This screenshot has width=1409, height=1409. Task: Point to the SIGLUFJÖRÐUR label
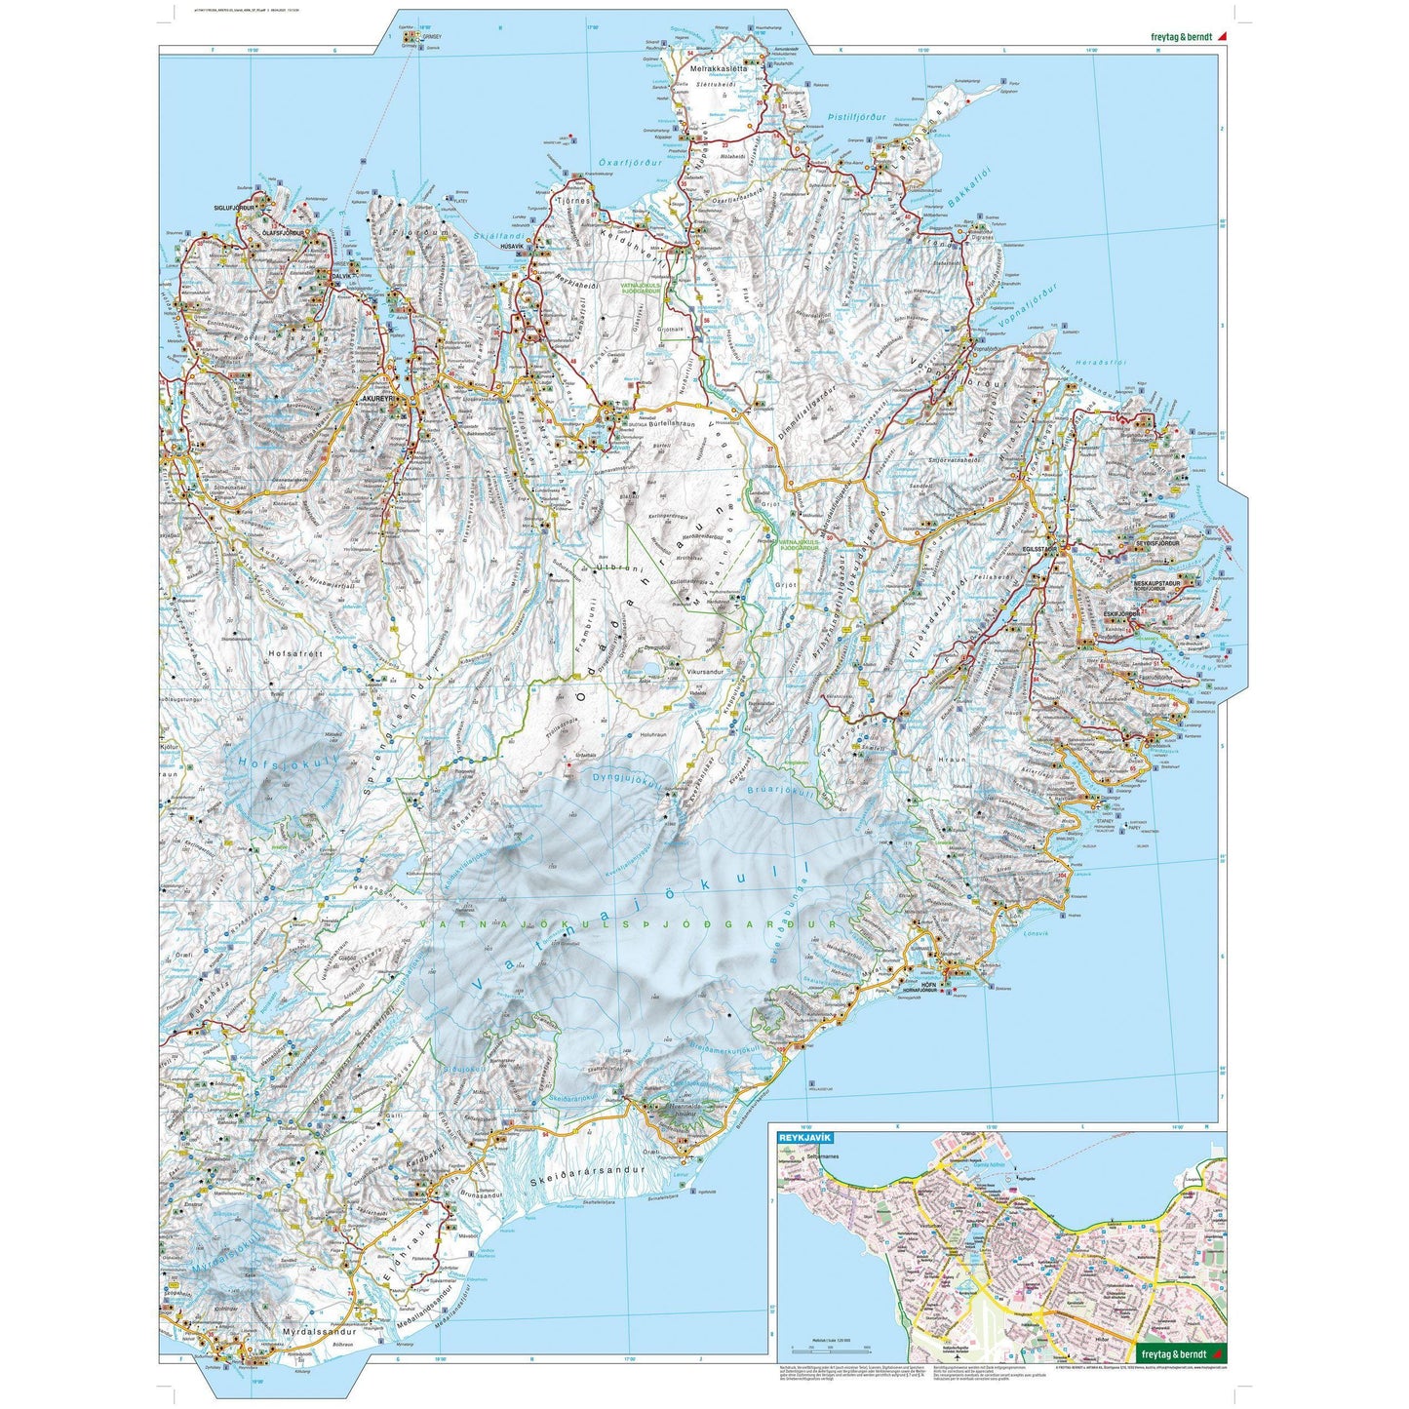233,208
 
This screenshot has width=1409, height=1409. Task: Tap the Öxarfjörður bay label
629,163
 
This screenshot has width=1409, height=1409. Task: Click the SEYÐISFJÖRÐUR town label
1163,542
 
